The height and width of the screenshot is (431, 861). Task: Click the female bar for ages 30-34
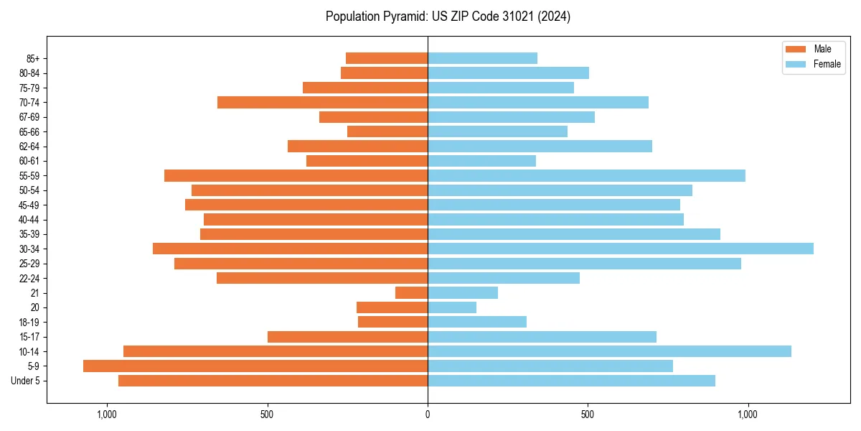(621, 249)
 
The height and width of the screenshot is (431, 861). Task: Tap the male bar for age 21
(411, 292)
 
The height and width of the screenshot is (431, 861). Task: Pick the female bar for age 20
(452, 307)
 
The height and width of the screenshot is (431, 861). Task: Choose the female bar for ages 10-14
(609, 351)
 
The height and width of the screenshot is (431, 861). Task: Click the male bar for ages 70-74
(322, 102)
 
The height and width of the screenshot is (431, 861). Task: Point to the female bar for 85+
(482, 58)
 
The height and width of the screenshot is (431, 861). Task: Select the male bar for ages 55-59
(296, 175)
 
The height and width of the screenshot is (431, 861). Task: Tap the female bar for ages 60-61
(481, 161)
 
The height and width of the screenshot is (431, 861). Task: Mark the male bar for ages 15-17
(347, 337)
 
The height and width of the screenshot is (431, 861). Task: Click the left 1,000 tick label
(107, 414)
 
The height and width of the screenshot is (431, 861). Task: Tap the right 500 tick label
(588, 414)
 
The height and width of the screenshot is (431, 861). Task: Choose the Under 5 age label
(25, 381)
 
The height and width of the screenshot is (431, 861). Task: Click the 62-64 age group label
(29, 147)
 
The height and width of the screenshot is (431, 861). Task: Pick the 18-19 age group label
(29, 323)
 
